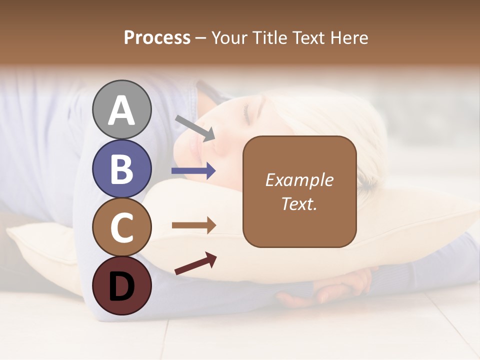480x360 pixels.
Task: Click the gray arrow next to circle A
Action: pyautogui.click(x=195, y=127)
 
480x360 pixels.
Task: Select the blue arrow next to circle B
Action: pyautogui.click(x=193, y=171)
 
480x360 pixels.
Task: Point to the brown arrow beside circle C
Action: pyautogui.click(x=193, y=225)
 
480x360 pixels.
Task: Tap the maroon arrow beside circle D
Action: pyautogui.click(x=195, y=264)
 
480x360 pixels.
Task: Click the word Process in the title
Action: pyautogui.click(x=157, y=38)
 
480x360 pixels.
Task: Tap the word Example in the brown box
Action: pyautogui.click(x=299, y=180)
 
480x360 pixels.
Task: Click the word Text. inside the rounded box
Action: pyautogui.click(x=299, y=203)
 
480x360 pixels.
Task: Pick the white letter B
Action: pyautogui.click(x=121, y=168)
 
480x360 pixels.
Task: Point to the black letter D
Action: pyautogui.click(x=121, y=286)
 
